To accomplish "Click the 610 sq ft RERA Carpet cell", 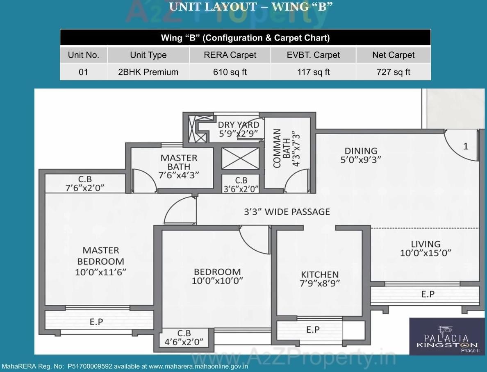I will (230, 72).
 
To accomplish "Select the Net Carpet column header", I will (393, 55).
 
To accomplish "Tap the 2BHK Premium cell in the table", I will (148, 72).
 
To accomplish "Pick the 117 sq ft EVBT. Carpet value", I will (313, 72).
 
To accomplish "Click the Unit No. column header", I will (84, 55).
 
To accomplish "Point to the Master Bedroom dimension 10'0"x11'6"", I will (101, 272).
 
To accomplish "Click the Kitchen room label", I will (320, 274).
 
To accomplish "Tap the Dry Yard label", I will (238, 125).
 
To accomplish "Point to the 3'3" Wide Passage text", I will (287, 212).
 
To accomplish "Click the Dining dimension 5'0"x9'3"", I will (361, 160).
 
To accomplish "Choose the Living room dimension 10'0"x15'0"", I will (426, 253).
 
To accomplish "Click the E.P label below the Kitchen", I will (313, 329).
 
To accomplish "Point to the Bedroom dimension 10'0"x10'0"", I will (217, 281).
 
